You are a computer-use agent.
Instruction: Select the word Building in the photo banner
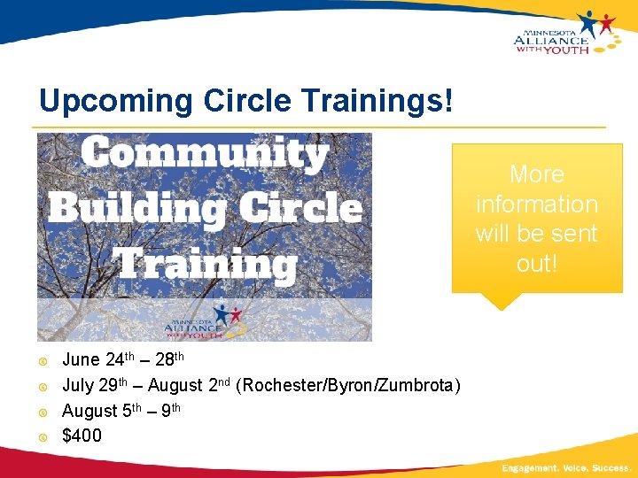click(x=135, y=209)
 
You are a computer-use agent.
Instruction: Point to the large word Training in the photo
click(x=206, y=263)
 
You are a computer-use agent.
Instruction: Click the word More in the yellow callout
click(x=536, y=174)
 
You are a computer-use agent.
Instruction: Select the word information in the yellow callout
click(x=536, y=204)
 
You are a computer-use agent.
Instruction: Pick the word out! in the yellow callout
click(x=536, y=264)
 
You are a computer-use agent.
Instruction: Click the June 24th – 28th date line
click(x=123, y=360)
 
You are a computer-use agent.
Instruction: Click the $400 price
click(x=82, y=436)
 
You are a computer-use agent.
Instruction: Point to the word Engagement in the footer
click(x=529, y=466)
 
